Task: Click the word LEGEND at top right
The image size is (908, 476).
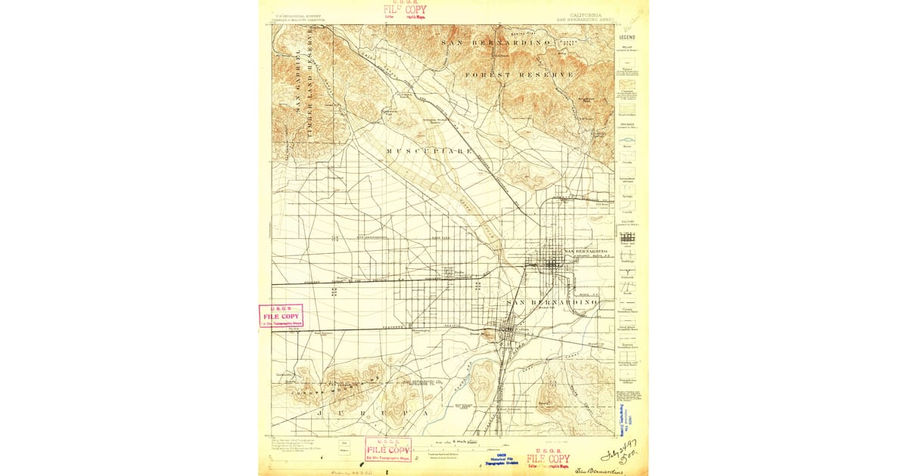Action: coord(627,36)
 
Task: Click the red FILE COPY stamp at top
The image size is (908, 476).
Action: coord(405,11)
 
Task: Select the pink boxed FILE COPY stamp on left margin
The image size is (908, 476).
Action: coord(281,316)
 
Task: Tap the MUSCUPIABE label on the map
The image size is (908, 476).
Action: coord(429,151)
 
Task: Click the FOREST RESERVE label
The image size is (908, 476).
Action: coord(519,75)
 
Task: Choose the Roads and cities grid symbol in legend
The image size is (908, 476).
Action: coord(627,237)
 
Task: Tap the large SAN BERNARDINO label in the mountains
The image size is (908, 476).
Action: coord(496,43)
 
